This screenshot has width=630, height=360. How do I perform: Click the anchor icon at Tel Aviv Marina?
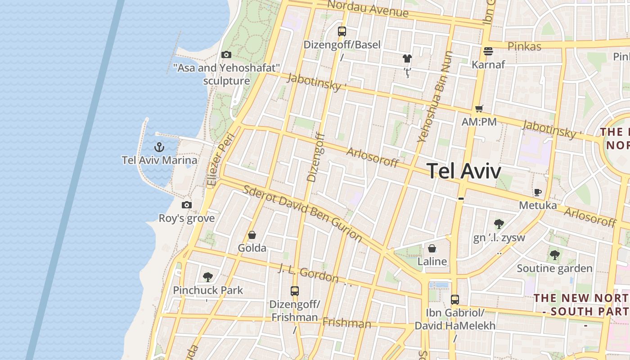tap(159, 147)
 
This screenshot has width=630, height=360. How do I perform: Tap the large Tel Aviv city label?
tap(463, 171)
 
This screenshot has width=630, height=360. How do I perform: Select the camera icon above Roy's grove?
tap(187, 205)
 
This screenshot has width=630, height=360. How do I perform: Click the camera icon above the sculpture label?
tap(226, 55)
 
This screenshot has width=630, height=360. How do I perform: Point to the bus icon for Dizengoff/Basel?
tap(342, 31)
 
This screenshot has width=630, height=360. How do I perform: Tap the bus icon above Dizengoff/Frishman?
tap(295, 291)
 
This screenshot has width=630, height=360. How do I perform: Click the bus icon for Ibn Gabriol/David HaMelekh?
tap(455, 299)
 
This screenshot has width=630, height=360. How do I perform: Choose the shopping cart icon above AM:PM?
tap(479, 108)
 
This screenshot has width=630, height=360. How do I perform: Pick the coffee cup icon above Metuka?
tap(537, 193)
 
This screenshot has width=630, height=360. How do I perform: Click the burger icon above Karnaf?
tap(488, 51)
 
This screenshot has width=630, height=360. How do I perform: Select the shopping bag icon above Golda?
tap(252, 235)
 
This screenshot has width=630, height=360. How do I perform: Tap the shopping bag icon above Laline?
tap(432, 248)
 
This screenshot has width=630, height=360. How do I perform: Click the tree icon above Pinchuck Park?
tap(207, 277)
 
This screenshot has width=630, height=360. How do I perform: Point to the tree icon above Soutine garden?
tap(554, 255)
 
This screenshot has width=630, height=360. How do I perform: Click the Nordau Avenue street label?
tap(368, 9)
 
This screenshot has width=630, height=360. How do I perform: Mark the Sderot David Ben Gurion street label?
tap(302, 212)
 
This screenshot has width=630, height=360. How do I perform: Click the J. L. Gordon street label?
tap(308, 273)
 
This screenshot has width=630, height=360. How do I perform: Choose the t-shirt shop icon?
tap(407, 58)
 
